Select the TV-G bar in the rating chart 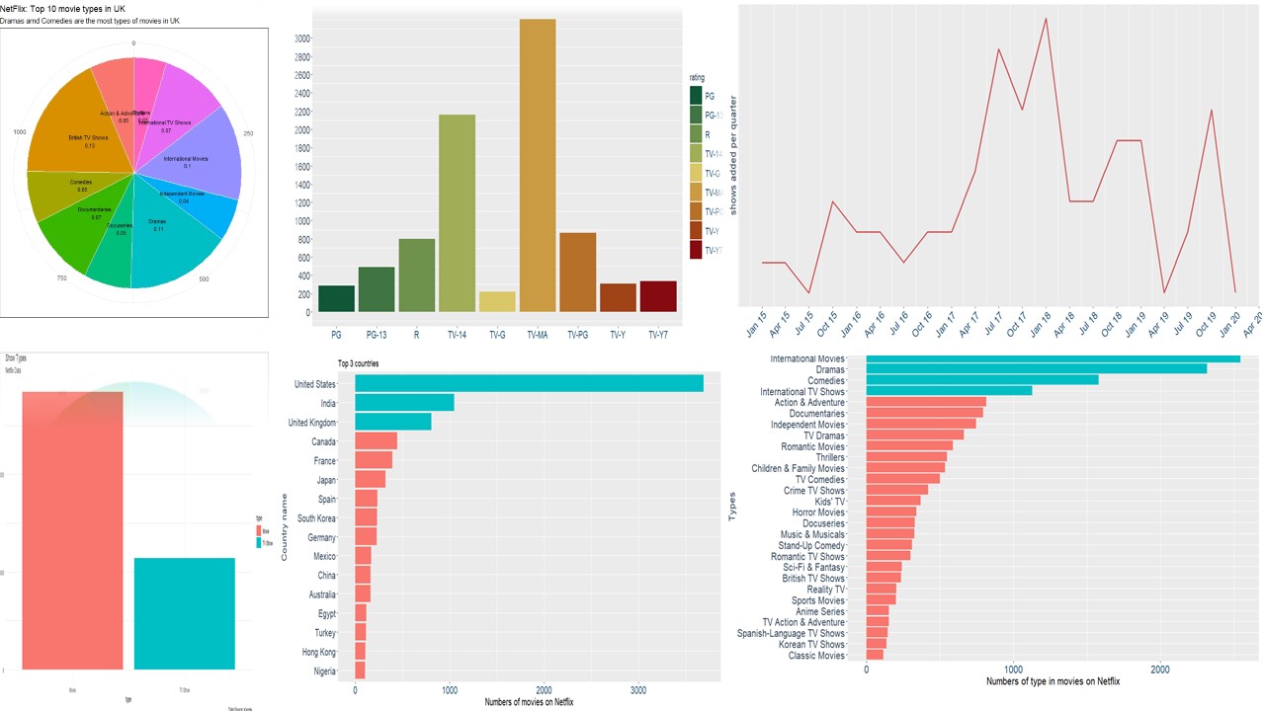[497, 301]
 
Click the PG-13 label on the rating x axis [376, 335]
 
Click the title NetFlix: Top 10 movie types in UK [63, 9]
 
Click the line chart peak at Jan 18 [1046, 19]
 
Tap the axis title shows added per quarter [733, 154]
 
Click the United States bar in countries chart [529, 383]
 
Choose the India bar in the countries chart [404, 403]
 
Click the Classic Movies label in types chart [816, 656]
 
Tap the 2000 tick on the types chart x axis [1159, 669]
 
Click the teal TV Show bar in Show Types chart [185, 613]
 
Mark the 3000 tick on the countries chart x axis [638, 689]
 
